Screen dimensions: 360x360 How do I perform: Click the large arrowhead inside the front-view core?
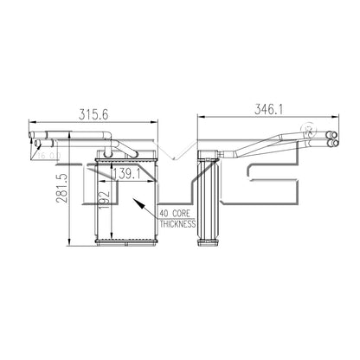tap(139, 205)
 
